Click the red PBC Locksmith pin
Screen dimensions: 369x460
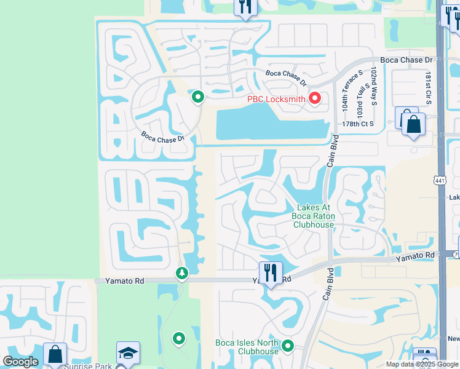point(315,98)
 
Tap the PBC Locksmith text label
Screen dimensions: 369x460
point(277,98)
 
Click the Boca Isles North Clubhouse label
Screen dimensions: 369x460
point(247,347)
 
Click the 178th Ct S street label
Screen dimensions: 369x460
point(359,124)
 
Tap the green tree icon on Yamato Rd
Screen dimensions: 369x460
point(181,272)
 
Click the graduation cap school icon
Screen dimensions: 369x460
point(129,352)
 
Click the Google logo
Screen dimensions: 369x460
point(20,362)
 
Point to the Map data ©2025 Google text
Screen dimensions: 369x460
point(421,365)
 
